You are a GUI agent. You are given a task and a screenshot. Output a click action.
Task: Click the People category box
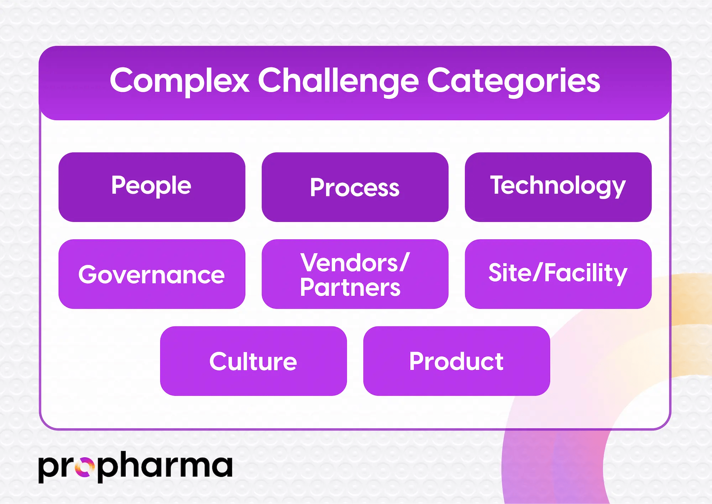(x=152, y=187)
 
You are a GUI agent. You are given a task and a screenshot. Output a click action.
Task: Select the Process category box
(x=355, y=187)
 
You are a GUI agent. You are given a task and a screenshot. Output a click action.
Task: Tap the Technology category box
(x=558, y=187)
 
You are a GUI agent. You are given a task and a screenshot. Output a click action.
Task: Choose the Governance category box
(x=152, y=274)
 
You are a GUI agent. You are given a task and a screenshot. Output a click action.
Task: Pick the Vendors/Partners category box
(x=355, y=274)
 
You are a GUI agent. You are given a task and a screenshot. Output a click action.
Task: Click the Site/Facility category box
(x=558, y=274)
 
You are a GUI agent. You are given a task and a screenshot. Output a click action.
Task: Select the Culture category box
(x=253, y=361)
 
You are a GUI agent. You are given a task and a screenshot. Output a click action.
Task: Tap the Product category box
(x=456, y=361)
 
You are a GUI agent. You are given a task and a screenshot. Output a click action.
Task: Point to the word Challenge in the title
(x=338, y=81)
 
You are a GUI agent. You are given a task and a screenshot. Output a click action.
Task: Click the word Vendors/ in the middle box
(x=355, y=263)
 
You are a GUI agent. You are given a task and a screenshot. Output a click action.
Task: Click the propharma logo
(x=135, y=467)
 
